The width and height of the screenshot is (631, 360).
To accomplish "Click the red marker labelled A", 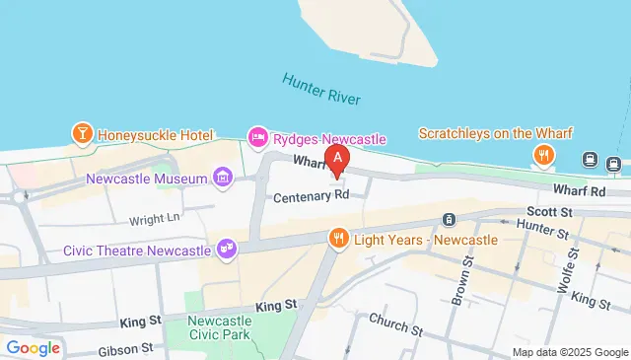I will coord(338,159).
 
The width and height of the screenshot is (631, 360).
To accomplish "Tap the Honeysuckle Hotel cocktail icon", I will coord(82,131).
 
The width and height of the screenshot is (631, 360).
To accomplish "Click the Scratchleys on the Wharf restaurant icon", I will coord(541,155).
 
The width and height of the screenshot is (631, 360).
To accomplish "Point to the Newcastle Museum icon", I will coord(222,179).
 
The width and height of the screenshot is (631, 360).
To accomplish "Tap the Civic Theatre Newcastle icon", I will coord(227,247).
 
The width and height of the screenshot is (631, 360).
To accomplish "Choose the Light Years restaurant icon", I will coord(338,238).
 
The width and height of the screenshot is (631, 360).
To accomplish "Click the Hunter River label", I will coord(321,90).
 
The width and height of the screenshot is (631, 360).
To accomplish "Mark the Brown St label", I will coord(458,278).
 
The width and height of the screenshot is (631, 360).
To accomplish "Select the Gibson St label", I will coord(125,349).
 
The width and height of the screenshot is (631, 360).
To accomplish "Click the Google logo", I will coord(33,347).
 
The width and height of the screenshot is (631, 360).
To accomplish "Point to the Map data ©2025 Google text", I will coord(570,352).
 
